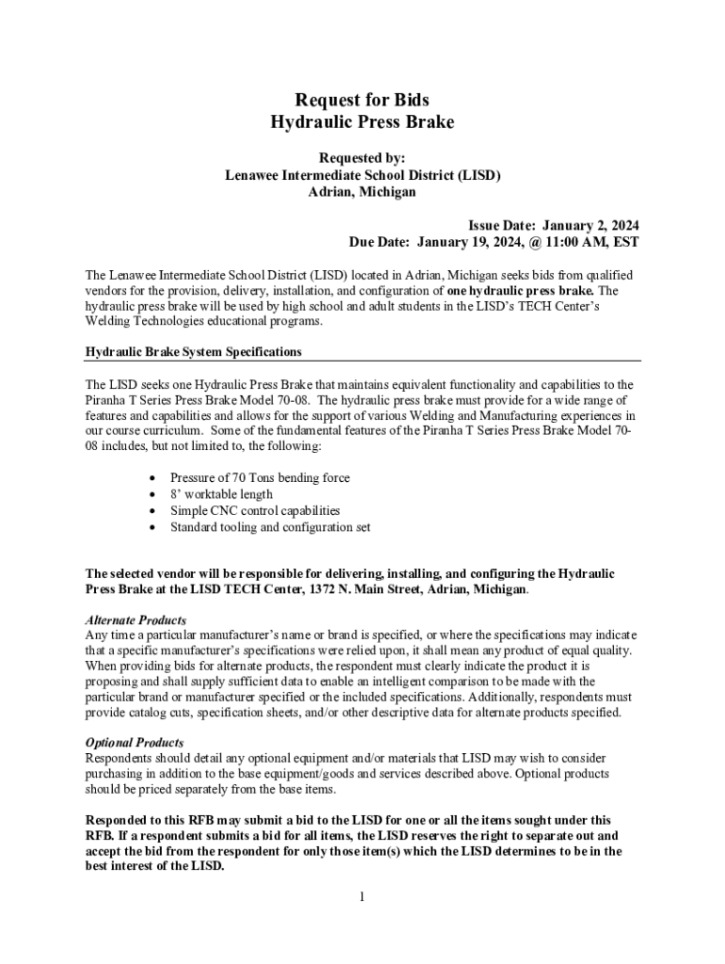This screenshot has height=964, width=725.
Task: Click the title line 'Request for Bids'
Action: pos(362,100)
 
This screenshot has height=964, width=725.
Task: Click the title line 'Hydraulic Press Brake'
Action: pos(362,121)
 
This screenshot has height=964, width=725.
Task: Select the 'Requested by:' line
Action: pos(362,158)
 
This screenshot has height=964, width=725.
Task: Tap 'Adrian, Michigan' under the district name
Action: pos(362,192)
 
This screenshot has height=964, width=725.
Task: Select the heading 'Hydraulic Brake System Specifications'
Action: pos(193,351)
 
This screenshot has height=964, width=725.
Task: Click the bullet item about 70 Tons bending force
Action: pos(260,477)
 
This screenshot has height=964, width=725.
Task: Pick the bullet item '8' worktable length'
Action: pos(221,494)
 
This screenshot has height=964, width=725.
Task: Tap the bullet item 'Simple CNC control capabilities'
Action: pos(255,510)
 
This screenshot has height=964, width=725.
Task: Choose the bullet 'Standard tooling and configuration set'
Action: pos(270,527)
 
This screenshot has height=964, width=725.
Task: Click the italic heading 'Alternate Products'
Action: pos(136,620)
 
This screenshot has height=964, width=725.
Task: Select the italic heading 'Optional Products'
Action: pos(134,743)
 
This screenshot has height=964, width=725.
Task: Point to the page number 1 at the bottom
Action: pos(362,896)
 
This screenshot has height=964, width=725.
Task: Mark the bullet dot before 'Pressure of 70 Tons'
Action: pos(152,478)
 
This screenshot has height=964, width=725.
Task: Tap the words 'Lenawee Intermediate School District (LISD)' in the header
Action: pos(362,175)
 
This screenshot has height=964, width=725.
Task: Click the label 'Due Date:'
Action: pos(379,242)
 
